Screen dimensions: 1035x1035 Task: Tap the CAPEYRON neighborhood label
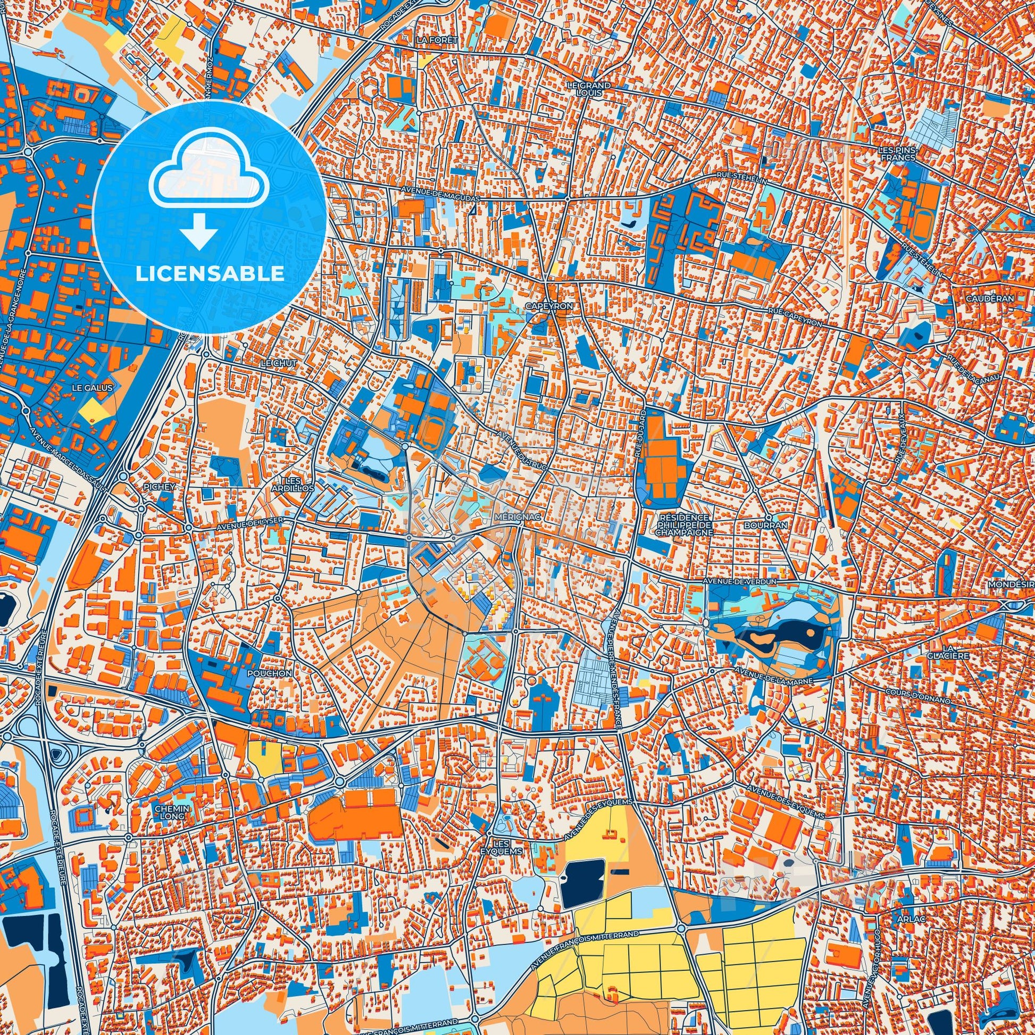549,305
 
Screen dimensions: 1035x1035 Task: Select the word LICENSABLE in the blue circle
210,273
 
